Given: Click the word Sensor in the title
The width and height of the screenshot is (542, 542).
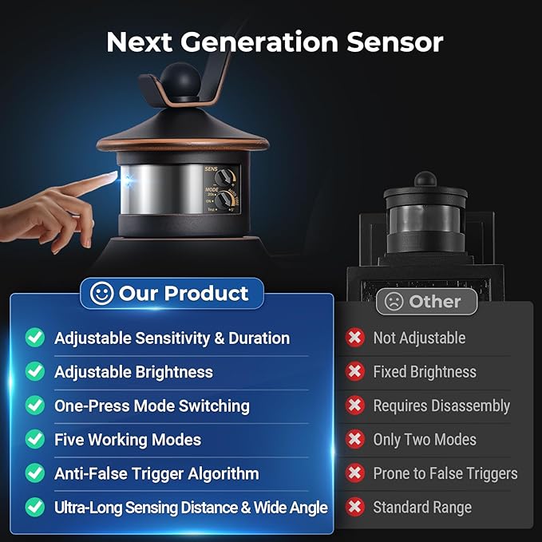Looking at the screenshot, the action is pyautogui.click(x=395, y=42).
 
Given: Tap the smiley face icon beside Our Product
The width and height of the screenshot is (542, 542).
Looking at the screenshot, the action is pyautogui.click(x=101, y=293).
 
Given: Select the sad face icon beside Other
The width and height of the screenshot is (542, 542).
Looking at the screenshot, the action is pyautogui.click(x=394, y=302).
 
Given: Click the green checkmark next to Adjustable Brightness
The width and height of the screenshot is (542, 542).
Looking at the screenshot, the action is pyautogui.click(x=35, y=371).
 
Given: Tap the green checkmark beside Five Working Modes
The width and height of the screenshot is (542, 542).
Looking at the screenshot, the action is pyautogui.click(x=35, y=439).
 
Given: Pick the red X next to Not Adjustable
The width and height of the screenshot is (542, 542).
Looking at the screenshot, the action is pyautogui.click(x=355, y=338).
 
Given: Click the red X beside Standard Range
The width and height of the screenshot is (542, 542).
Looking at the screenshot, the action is pyautogui.click(x=355, y=507).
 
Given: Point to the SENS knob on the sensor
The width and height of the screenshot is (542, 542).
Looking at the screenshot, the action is pyautogui.click(x=223, y=178).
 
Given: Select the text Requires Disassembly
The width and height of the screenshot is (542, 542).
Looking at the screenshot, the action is pyautogui.click(x=441, y=406).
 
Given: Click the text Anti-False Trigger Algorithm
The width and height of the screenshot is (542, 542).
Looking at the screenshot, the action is pyautogui.click(x=156, y=473).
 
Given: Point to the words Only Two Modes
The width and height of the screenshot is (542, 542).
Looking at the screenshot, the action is pyautogui.click(x=425, y=440).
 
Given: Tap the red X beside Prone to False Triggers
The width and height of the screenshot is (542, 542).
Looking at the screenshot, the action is pyautogui.click(x=355, y=473).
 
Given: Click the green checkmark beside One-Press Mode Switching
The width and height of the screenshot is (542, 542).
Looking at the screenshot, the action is pyautogui.click(x=35, y=406).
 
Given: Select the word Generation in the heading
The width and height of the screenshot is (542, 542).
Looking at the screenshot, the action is pyautogui.click(x=259, y=42).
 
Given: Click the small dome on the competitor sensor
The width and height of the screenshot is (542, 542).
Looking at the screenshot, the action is pyautogui.click(x=425, y=178).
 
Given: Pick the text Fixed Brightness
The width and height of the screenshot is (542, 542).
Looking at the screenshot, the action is pyautogui.click(x=425, y=372).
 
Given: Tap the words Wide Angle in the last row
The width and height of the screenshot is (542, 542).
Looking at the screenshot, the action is pyautogui.click(x=291, y=508).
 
